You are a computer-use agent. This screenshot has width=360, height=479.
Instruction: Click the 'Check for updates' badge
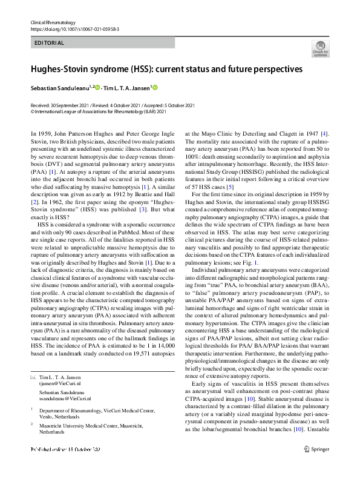(x=320, y=48)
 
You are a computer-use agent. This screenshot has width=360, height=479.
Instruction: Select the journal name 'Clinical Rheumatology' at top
(x=51, y=22)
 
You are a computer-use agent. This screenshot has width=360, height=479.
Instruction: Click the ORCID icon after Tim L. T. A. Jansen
(x=155, y=88)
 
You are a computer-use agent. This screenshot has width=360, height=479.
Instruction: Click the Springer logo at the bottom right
(x=318, y=466)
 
